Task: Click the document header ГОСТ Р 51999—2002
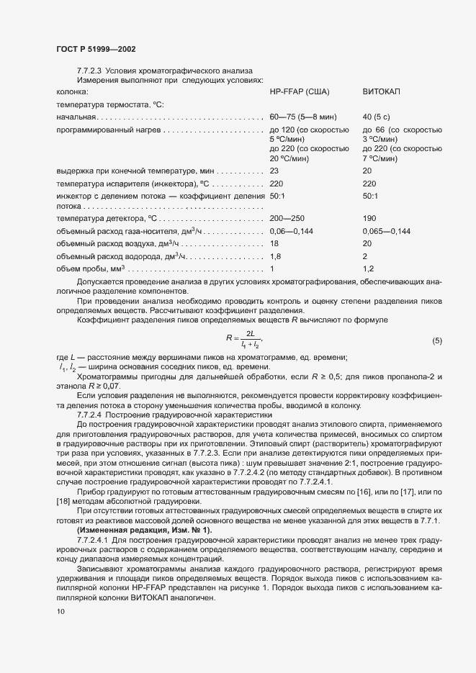(x=95, y=49)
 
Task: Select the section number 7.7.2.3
(x=92, y=71)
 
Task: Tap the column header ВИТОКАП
(x=382, y=93)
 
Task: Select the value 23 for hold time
(x=274, y=171)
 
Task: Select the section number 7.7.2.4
(x=92, y=415)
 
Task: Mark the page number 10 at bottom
(x=60, y=612)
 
